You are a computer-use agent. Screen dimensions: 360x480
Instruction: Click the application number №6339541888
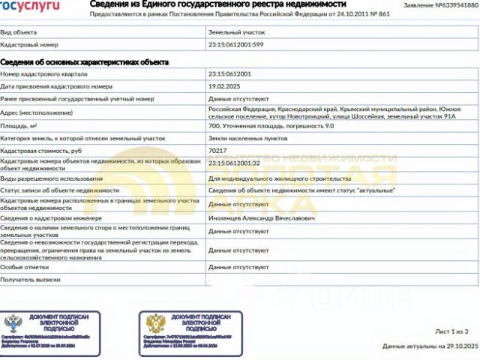pyautogui.click(x=451, y=5)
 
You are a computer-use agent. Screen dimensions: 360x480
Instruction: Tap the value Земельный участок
pyautogui.click(x=236, y=32)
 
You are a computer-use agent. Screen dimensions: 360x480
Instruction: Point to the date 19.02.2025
pyautogui.click(x=224, y=86)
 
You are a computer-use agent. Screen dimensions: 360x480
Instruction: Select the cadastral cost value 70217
pyautogui.click(x=218, y=151)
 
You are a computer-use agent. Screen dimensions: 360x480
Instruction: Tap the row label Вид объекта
pyautogui.click(x=17, y=32)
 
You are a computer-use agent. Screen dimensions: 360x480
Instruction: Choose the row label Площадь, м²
pyautogui.click(x=19, y=127)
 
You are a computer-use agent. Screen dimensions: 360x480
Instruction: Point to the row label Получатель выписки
pyautogui.click(x=30, y=279)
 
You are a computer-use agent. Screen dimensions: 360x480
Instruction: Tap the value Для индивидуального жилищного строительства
pyautogui.click(x=279, y=179)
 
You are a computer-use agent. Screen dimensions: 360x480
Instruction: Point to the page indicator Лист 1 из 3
pyautogui.click(x=451, y=331)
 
